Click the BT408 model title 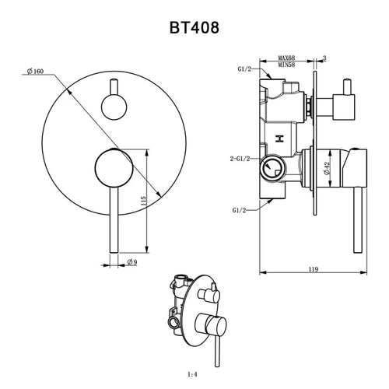194,27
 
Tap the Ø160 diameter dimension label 35,71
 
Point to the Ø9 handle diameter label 132,262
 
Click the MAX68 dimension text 287,58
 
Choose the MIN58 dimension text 287,65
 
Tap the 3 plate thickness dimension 324,58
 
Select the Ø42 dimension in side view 327,168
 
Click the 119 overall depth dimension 314,269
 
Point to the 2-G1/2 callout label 240,159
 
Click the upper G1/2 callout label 244,69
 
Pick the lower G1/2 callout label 239,210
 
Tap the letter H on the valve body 279,138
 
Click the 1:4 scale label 192,374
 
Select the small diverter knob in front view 114,107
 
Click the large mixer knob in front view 114,168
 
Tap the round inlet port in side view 272,168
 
